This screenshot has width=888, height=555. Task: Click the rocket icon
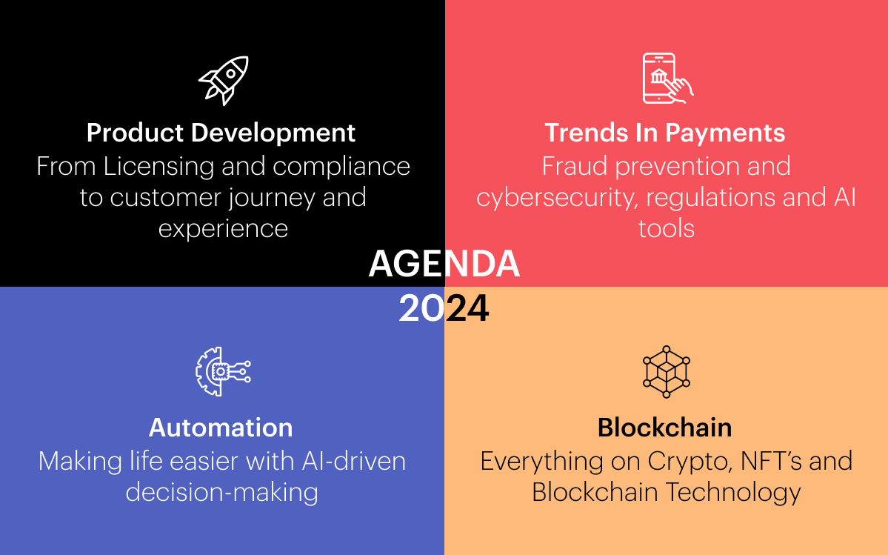224,80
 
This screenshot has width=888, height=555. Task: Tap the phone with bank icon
667,78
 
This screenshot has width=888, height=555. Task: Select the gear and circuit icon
223,371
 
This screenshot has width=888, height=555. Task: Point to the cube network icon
666,371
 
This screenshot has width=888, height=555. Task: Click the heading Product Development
221,133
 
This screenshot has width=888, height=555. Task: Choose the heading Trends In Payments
665,133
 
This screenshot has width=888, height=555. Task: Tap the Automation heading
221,428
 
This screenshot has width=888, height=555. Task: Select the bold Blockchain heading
665,428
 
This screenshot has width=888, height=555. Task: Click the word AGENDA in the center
444,264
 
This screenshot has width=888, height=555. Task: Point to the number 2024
444,309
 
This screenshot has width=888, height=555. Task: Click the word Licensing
158,167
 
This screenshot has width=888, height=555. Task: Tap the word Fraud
575,167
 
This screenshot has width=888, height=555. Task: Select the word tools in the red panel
666,229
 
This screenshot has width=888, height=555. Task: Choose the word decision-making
221,493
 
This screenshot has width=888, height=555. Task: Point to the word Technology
733,493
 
